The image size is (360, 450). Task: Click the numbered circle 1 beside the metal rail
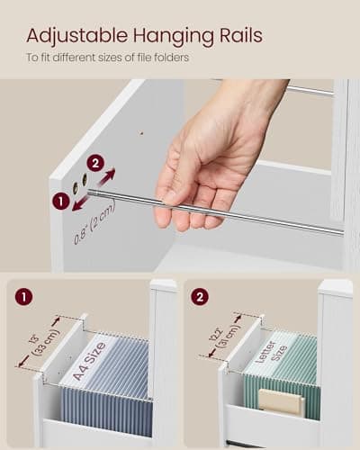(61, 202)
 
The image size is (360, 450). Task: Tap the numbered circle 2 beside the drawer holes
(94, 163)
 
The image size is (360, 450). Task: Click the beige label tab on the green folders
(280, 402)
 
